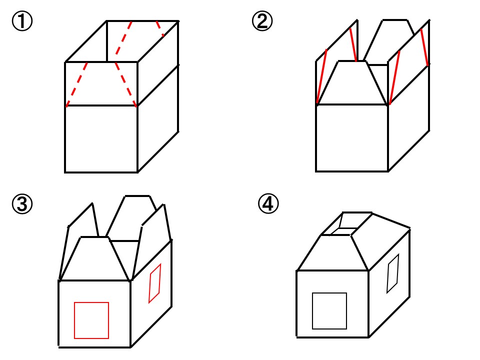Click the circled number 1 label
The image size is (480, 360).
tap(22, 21)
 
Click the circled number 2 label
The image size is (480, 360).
tap(262, 21)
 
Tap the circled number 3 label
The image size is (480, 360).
tap(22, 204)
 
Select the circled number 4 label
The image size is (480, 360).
tap(268, 204)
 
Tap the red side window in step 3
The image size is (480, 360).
tap(155, 283)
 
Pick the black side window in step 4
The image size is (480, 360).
tap(393, 273)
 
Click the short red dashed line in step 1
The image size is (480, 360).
tap(160, 28)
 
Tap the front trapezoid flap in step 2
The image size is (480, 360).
tap(352, 83)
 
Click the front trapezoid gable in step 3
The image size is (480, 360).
tap(95, 258)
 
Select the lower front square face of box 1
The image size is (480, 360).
tap(101, 139)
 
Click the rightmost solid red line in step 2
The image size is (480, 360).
tap(424, 47)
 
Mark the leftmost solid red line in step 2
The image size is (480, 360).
tap(322, 76)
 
